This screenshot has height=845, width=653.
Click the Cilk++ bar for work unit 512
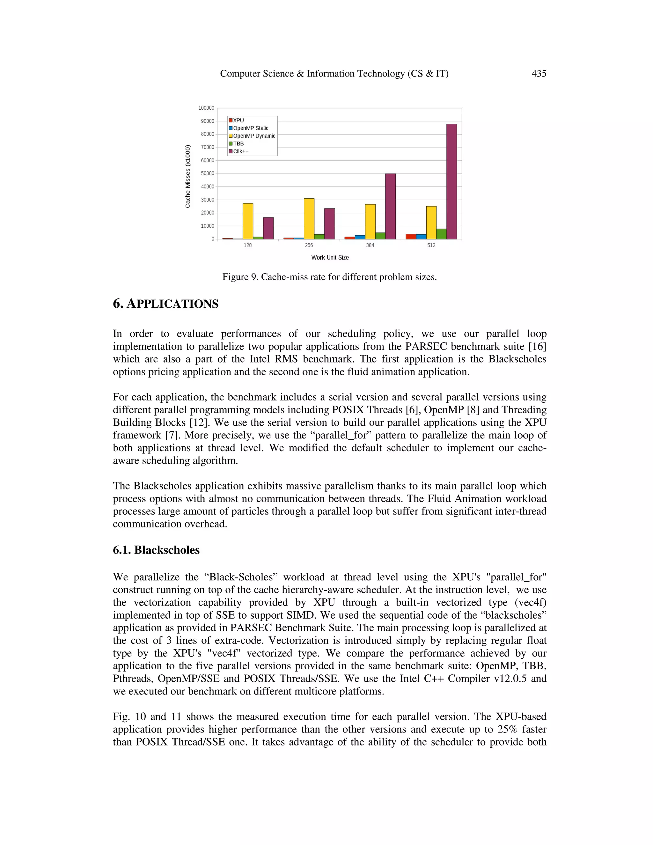(x=451, y=181)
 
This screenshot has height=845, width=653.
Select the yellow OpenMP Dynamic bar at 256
(x=309, y=219)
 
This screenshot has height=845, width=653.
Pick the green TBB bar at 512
(x=441, y=234)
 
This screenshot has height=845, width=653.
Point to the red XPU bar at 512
(x=411, y=236)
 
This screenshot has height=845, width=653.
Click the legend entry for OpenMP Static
(x=250, y=128)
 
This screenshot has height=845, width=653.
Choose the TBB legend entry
(x=238, y=143)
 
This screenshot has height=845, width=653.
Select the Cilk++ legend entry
(x=241, y=151)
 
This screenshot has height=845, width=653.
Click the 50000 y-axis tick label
(x=207, y=173)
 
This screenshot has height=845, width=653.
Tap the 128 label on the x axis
(x=247, y=245)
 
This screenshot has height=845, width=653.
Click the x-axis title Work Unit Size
(x=330, y=258)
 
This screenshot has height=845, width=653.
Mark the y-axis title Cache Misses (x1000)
(x=187, y=176)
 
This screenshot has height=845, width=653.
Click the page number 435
(x=539, y=74)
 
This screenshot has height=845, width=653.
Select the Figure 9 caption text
(x=329, y=277)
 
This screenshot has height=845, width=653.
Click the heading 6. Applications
(x=165, y=304)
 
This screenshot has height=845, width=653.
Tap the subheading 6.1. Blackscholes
(x=156, y=550)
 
